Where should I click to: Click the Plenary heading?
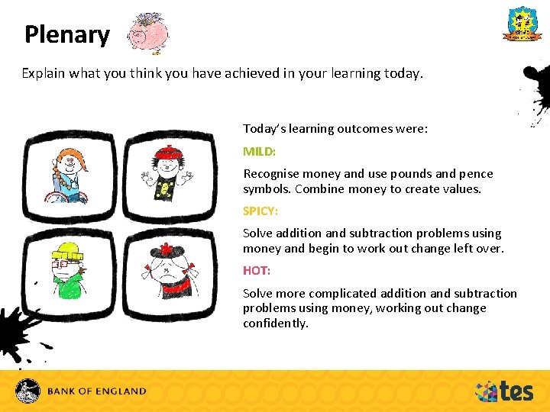(x=67, y=35)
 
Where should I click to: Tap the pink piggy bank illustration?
(x=148, y=34)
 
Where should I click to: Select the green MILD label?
(x=259, y=151)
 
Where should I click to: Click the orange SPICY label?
(x=260, y=211)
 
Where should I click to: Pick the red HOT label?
(x=257, y=270)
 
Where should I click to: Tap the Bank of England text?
(x=96, y=391)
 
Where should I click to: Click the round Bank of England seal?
(x=29, y=391)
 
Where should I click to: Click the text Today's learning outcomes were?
(x=335, y=129)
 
